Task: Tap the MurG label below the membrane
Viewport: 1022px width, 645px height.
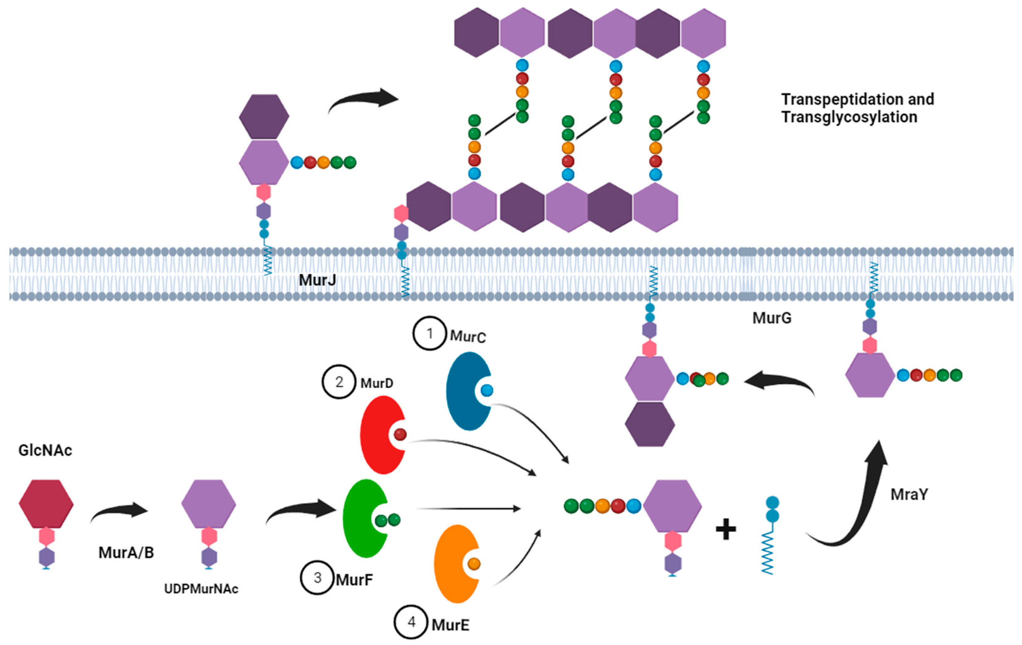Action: (x=772, y=318)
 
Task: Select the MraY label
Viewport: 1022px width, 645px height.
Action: (x=909, y=494)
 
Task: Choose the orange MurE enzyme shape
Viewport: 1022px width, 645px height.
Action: (x=452, y=565)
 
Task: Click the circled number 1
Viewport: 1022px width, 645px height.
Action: (x=430, y=334)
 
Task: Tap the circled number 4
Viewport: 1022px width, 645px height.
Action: (x=411, y=622)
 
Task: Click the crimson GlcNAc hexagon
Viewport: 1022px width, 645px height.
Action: (x=46, y=504)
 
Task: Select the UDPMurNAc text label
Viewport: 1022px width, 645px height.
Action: (x=201, y=589)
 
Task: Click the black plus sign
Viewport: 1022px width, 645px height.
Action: (x=726, y=530)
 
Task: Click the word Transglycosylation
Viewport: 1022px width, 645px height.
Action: (x=849, y=117)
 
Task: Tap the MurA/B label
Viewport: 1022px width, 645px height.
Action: (x=126, y=552)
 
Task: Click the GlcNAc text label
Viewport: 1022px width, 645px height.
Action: (x=45, y=450)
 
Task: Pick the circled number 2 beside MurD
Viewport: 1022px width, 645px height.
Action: (x=339, y=382)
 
